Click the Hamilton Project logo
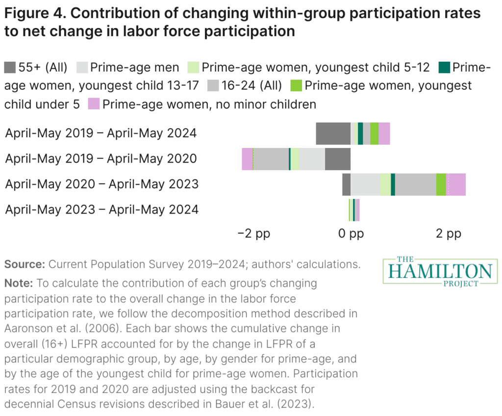click(440, 270)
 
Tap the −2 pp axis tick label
click(254, 234)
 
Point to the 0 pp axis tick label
click(351, 234)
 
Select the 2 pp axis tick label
click(449, 234)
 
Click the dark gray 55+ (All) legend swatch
click(10, 67)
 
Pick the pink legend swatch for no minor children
click(94, 104)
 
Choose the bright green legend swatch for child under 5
click(297, 85)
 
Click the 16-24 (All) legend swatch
click(214, 85)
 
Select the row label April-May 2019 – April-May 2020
click(101, 158)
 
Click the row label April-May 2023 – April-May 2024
click(101, 209)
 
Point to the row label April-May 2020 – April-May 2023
click(101, 184)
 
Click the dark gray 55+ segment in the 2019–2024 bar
click(333, 133)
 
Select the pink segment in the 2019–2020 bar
click(247, 159)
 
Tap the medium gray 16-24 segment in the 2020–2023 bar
click(415, 184)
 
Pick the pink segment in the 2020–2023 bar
click(456, 184)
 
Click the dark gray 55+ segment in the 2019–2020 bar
click(337, 159)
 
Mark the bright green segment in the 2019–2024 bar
click(374, 133)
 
